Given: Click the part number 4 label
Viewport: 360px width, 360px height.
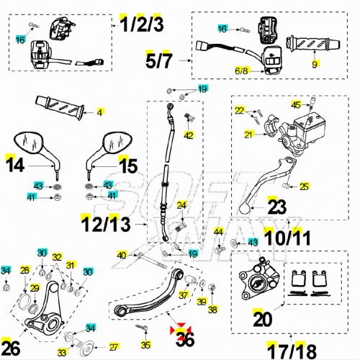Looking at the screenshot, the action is click(x=100, y=112).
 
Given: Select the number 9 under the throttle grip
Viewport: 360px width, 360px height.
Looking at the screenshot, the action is click(x=315, y=64).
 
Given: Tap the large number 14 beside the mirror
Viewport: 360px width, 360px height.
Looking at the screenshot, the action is click(x=15, y=165).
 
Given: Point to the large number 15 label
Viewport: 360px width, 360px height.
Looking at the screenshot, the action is click(x=128, y=166).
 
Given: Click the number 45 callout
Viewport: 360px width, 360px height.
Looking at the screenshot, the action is click(x=296, y=105).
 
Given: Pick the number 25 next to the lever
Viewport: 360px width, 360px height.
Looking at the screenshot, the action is click(x=304, y=186).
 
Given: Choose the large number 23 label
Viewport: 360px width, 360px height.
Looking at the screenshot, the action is click(x=276, y=207).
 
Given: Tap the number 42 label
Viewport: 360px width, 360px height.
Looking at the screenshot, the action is click(x=189, y=135).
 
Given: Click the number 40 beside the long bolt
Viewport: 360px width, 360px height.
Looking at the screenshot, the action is click(x=122, y=255).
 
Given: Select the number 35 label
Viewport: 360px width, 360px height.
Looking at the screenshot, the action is click(x=145, y=345).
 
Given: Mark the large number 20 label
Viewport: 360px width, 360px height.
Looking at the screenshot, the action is click(x=263, y=320).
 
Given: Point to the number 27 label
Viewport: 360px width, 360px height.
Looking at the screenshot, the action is click(x=114, y=347).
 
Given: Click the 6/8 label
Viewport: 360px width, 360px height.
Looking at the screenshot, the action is click(x=241, y=71).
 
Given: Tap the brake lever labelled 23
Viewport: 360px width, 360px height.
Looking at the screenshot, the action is click(x=266, y=185).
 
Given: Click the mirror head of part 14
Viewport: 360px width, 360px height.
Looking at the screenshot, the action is click(x=28, y=143).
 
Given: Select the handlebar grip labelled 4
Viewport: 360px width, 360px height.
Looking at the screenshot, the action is click(x=60, y=107).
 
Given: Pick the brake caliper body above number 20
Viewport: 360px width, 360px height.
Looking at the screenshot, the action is click(x=259, y=279).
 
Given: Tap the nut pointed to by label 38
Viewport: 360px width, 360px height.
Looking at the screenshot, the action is click(x=212, y=287).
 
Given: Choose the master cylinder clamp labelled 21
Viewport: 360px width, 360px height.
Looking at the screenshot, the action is click(x=271, y=125).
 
